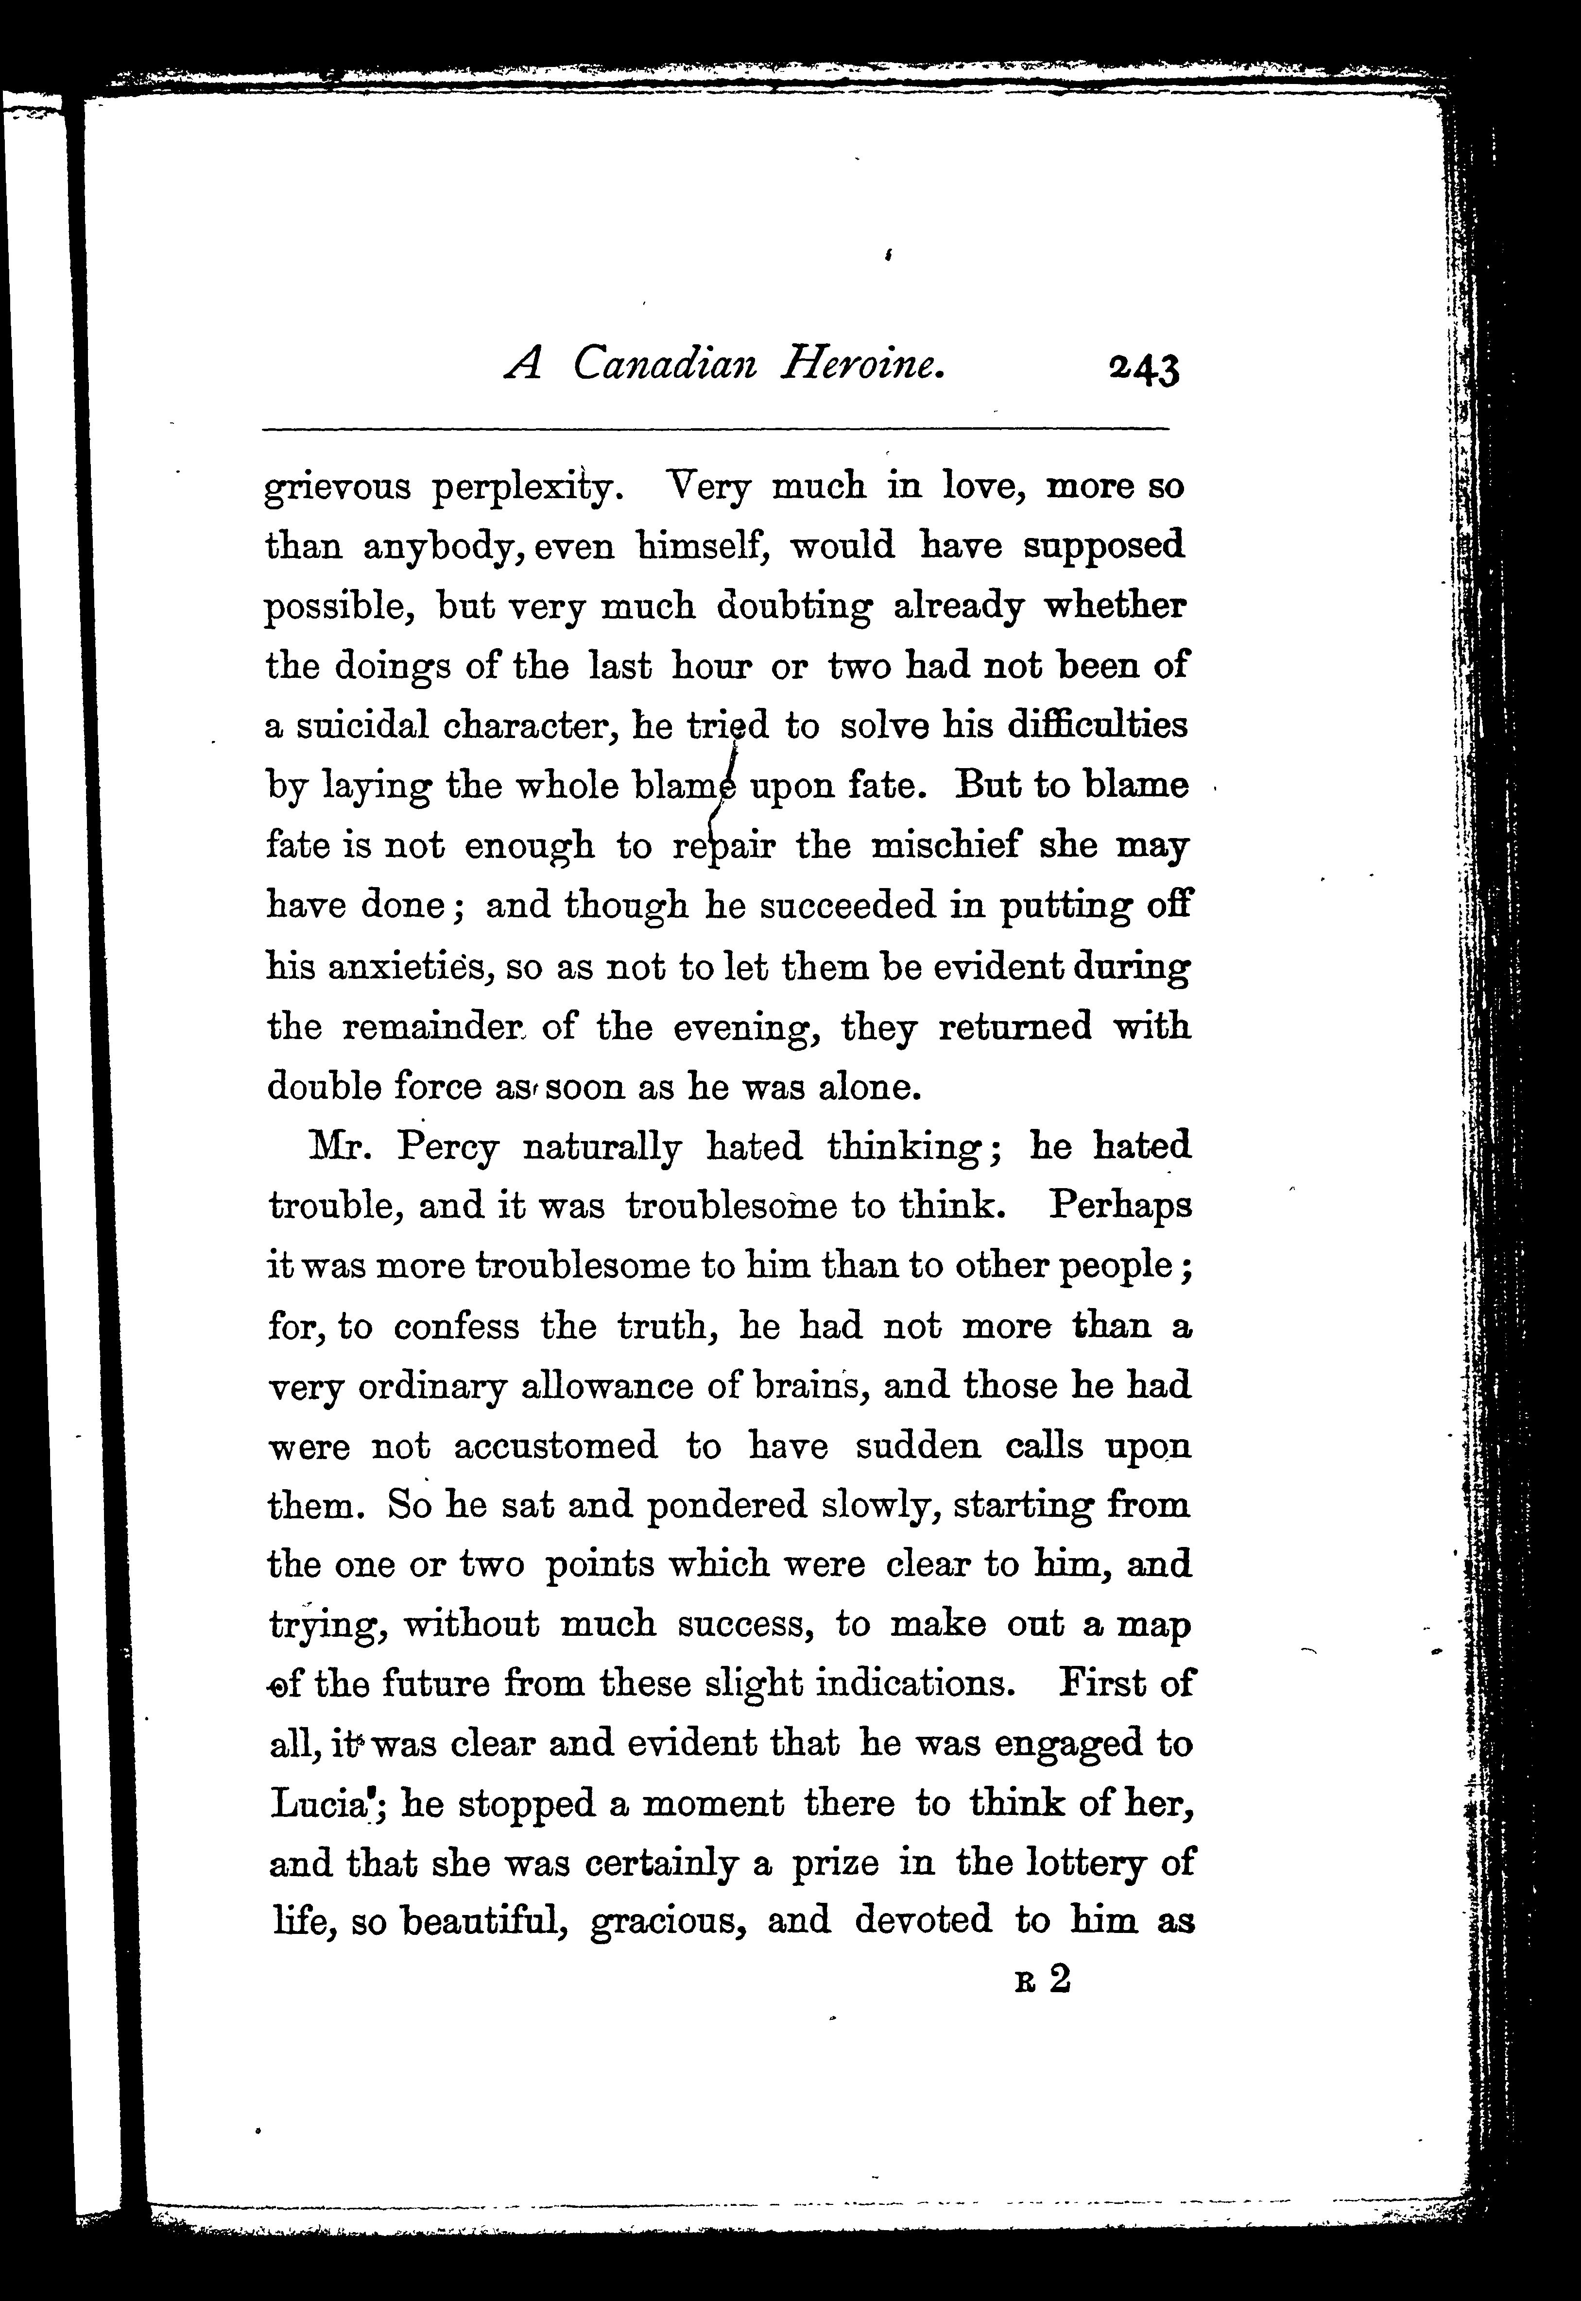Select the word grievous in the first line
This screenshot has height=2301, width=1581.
338,488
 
